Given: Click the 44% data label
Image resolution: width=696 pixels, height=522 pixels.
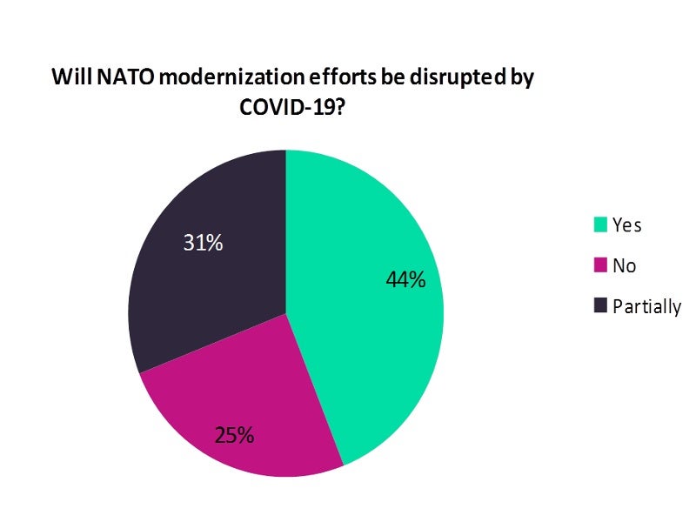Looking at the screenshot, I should pos(405,280).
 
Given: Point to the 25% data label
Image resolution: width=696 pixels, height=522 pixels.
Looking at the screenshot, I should pos(234,435).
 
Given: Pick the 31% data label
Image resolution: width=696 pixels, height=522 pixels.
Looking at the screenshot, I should pos(203,243).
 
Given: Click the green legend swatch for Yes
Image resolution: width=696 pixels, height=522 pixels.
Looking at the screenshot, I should pos(599,225).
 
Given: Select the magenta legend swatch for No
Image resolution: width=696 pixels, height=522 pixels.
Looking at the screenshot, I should pos(599,265).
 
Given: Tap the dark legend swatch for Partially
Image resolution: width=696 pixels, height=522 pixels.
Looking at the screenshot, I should pos(599,306).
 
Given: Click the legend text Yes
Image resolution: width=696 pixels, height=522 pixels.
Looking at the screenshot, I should pos(626,225).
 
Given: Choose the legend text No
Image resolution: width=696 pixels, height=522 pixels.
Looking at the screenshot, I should pos(624,265).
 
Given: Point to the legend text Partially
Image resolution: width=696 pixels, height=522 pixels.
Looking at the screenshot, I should pos(646,306).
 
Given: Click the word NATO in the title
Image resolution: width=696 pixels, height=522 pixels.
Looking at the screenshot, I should pos(116,77).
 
